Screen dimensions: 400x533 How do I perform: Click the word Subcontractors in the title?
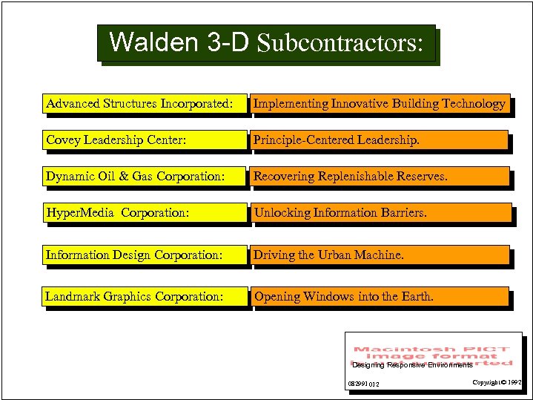point(340,44)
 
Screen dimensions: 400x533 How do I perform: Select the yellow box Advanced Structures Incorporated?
point(144,104)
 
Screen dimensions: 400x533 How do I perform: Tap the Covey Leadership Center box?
point(144,140)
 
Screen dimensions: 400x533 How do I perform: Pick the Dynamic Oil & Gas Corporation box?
point(144,176)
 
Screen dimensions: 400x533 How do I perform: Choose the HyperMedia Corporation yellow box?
point(144,213)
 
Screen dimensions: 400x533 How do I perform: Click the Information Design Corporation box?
point(144,255)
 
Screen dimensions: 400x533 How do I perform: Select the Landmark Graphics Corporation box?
point(144,296)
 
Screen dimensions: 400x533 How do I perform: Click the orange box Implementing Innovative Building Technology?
point(379,104)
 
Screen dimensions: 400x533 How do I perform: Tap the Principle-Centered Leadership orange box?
point(379,140)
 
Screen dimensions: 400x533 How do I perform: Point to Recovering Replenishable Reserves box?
point(379,176)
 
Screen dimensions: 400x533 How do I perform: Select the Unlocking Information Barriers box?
point(379,213)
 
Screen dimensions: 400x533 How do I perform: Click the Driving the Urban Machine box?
point(379,255)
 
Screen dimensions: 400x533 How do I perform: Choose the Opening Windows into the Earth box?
point(379,296)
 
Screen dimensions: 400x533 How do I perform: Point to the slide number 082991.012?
point(364,384)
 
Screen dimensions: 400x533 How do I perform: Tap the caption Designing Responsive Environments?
point(412,365)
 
